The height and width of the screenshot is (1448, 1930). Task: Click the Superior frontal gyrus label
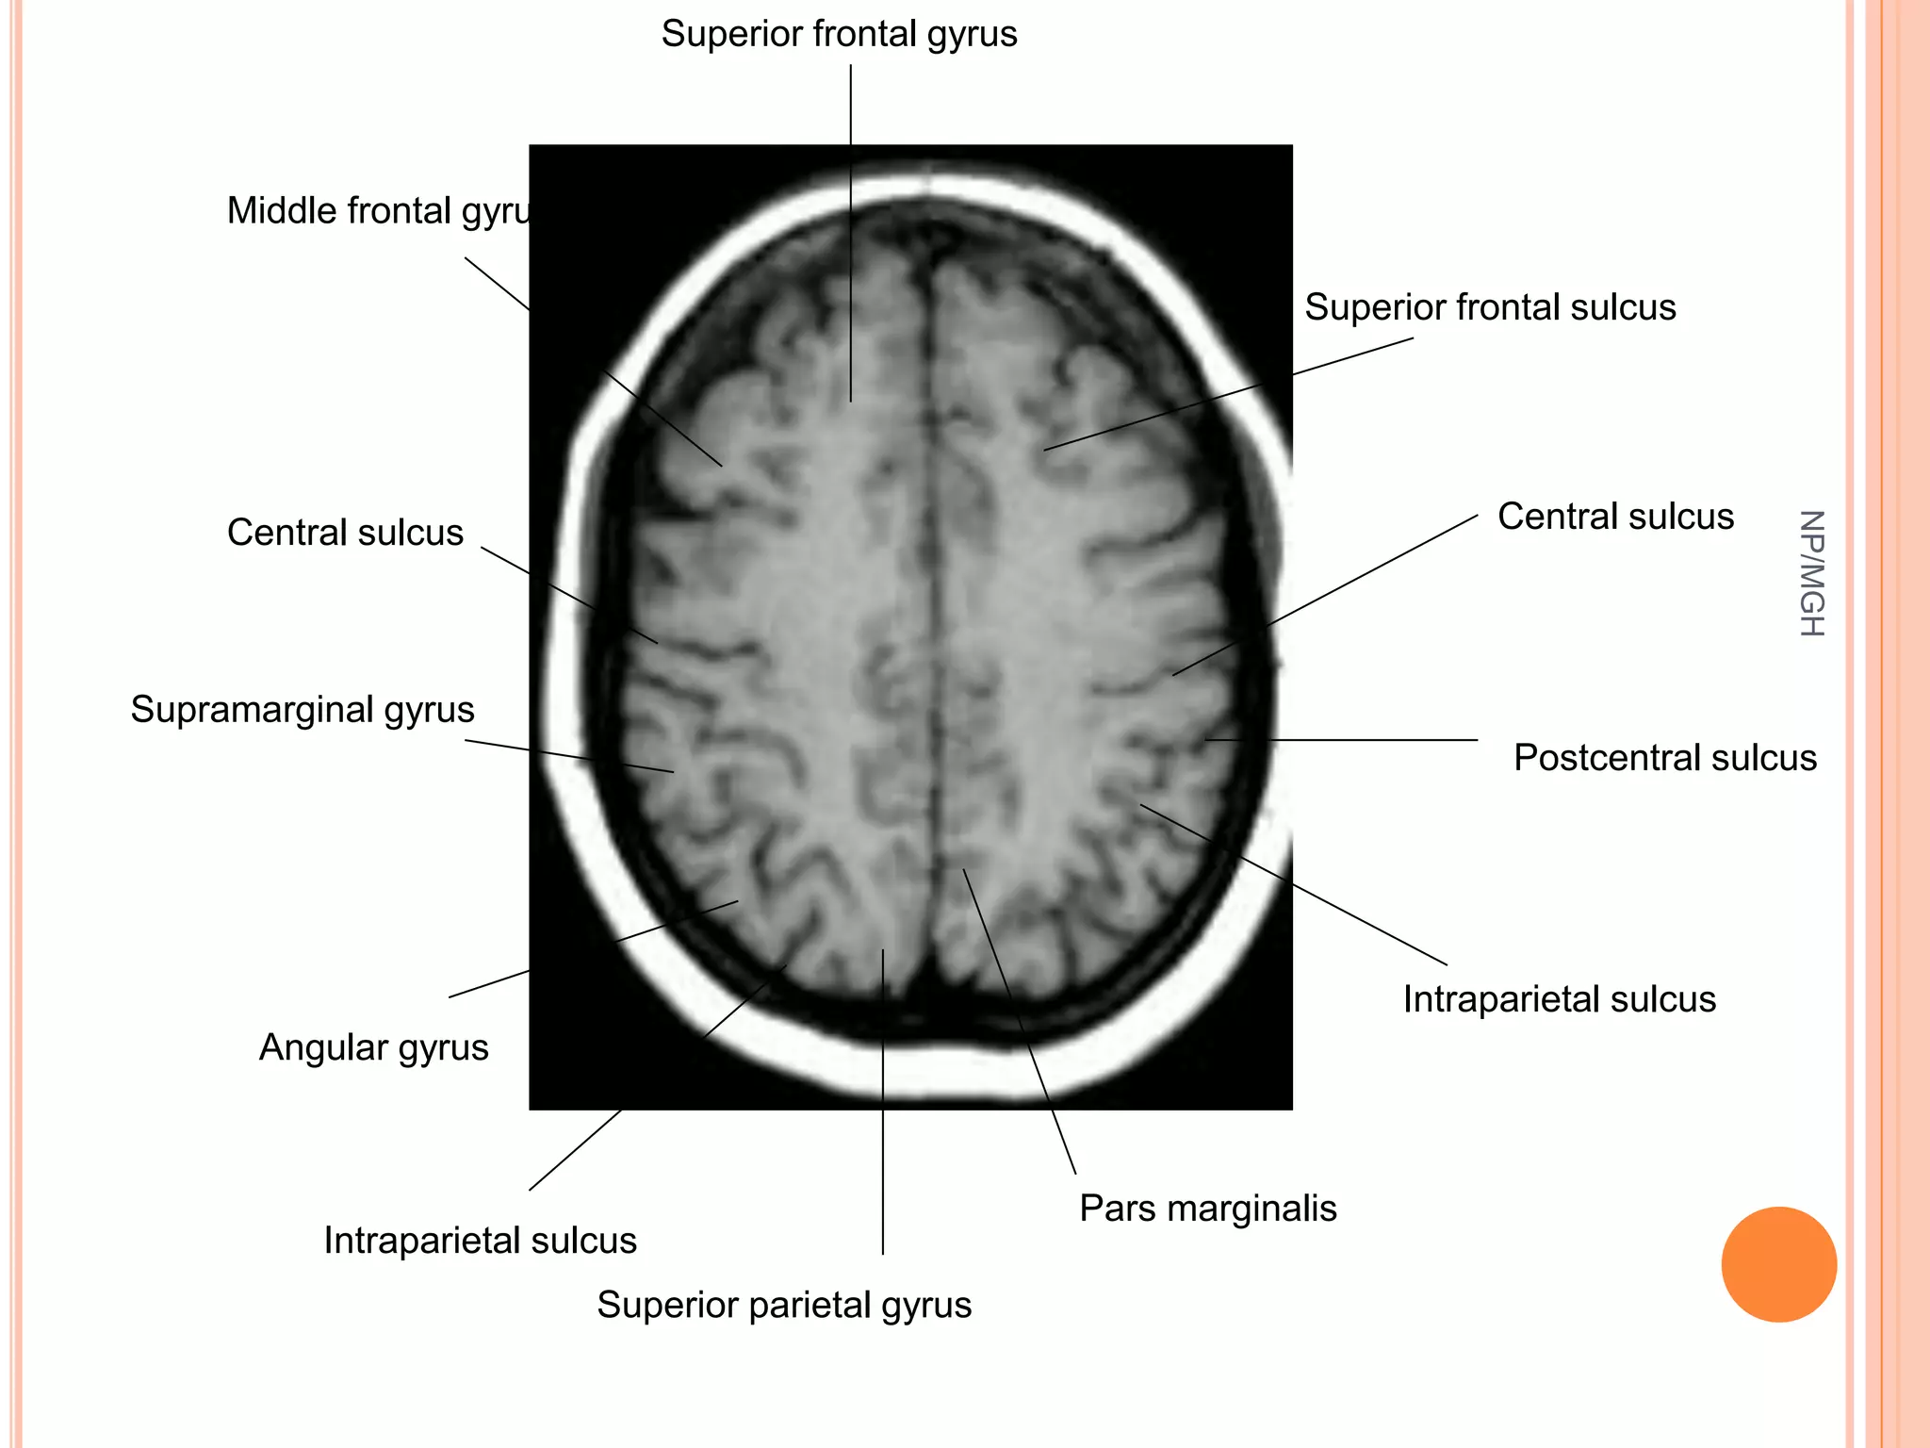(x=839, y=35)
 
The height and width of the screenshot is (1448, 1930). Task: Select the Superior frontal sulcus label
(x=1490, y=307)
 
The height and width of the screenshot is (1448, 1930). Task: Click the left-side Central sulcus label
(x=345, y=533)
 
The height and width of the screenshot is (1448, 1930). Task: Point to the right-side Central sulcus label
(x=1615, y=517)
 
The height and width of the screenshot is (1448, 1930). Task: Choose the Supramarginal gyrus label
(x=302, y=710)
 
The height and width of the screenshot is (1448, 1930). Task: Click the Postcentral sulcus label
(x=1664, y=758)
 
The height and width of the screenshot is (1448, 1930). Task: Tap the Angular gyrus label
(x=373, y=1047)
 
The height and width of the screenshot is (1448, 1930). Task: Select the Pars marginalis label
(x=1207, y=1209)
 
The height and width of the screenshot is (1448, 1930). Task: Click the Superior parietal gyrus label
(x=784, y=1305)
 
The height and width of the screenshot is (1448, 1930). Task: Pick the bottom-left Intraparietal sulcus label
(x=480, y=1241)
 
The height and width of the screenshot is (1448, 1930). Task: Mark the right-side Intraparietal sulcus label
(x=1559, y=999)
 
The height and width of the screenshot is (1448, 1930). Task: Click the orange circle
(x=1778, y=1264)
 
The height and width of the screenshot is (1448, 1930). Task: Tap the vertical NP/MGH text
(x=1811, y=573)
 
